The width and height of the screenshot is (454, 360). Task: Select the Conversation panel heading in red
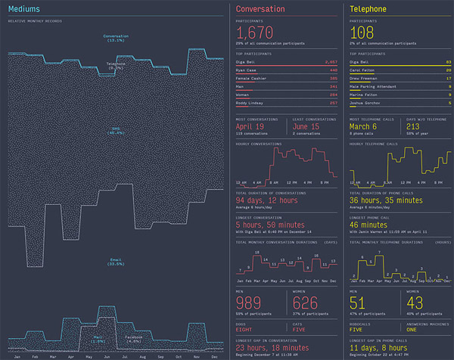[x=260, y=9]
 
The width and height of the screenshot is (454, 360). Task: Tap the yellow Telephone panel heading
[x=369, y=9]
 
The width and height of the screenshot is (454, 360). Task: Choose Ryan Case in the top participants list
[x=249, y=70]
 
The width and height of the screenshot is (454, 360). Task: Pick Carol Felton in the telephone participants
[x=363, y=70]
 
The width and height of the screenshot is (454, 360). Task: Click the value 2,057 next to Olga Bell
[x=331, y=61]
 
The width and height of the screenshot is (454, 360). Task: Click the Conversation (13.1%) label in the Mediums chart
[x=116, y=38]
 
